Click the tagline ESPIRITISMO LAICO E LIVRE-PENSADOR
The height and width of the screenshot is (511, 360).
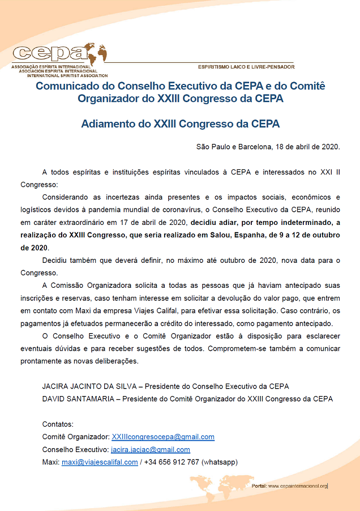246,67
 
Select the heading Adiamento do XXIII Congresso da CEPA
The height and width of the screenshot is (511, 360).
181,123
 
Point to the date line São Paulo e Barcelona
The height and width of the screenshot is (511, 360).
268,147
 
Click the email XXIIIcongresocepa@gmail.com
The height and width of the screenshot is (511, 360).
163,437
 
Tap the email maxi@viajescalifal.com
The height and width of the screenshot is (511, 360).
100,462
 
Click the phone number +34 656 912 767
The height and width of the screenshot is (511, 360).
171,462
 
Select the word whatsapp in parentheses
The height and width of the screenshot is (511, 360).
218,462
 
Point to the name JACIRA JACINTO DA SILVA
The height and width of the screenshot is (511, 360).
91,386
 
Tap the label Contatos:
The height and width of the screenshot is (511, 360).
58,424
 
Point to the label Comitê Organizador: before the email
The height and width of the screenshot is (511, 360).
76,437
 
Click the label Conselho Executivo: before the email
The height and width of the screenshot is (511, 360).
75,450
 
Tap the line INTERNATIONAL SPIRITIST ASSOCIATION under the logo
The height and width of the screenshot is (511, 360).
71,75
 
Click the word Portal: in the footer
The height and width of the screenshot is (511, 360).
259,486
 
